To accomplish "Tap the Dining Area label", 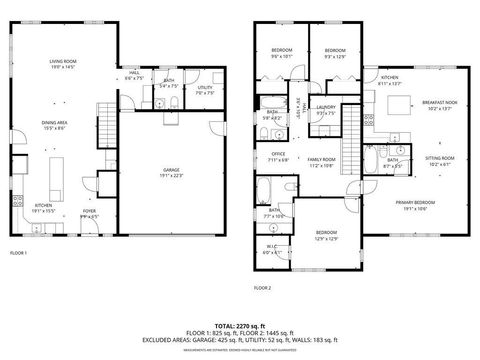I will (55, 125).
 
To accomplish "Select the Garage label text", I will (172, 173).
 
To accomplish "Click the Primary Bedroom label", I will (414, 205).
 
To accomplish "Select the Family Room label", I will (321, 162).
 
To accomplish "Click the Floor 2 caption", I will (263, 288).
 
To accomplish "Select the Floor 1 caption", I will (18, 253).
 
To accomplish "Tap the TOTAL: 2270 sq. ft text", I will (240, 325).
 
